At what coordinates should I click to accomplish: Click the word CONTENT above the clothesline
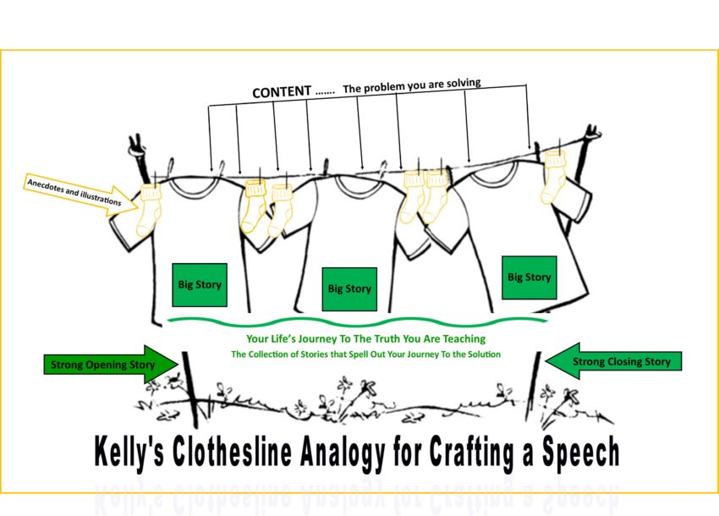coord(282,91)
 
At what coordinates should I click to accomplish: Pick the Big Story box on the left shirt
coord(200,284)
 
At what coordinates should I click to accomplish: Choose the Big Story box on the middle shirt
coord(349,288)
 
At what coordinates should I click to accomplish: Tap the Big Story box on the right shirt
coord(529,277)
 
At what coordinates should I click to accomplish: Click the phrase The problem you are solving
coord(412,85)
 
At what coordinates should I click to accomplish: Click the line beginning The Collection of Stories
coord(365,354)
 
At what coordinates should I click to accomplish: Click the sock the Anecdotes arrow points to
coord(149,206)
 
